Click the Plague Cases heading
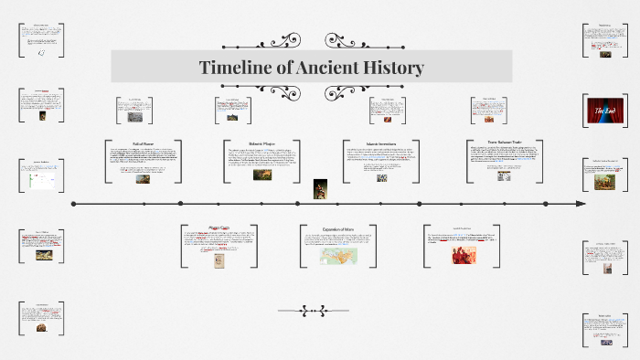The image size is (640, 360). pyautogui.click(x=219, y=228)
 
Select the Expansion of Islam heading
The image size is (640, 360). pyautogui.click(x=337, y=228)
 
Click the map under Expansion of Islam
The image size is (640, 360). pyautogui.click(x=338, y=256)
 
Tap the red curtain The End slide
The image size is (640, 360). pyautogui.click(x=604, y=111)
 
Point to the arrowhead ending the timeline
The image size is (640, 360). pyautogui.click(x=580, y=203)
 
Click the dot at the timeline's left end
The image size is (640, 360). pyautogui.click(x=72, y=203)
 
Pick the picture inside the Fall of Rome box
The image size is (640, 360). pyautogui.click(x=144, y=179)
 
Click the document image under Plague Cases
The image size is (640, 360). pyautogui.click(x=219, y=260)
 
